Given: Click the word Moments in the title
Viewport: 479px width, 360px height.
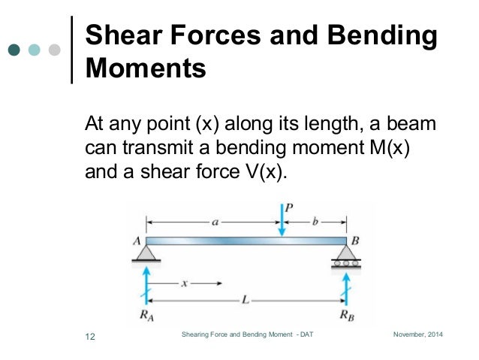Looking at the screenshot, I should [x=146, y=69].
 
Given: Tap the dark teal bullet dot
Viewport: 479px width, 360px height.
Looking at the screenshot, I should [x=14, y=51].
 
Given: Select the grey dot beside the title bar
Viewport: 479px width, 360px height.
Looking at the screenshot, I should [x=53, y=51].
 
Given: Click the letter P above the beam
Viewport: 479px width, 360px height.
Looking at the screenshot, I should [x=288, y=208].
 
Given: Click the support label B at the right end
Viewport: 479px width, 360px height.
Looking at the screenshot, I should [x=356, y=241].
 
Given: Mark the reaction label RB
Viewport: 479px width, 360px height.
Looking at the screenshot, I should [x=346, y=316].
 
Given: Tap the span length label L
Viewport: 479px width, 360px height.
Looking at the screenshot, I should [x=246, y=299].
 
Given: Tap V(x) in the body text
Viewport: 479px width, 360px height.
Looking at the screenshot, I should [x=261, y=171].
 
